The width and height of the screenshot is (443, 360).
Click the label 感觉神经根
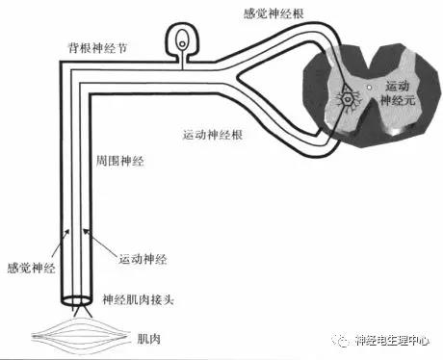(x=274, y=13)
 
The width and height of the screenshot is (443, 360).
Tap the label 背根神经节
(x=97, y=48)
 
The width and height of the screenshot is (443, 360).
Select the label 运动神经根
(x=213, y=135)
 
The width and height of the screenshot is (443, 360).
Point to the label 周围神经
(x=119, y=161)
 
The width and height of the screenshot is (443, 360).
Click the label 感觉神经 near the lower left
(x=31, y=268)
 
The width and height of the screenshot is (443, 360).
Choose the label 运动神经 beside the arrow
(x=143, y=259)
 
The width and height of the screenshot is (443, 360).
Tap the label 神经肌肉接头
(x=138, y=299)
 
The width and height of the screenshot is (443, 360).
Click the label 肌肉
(x=148, y=339)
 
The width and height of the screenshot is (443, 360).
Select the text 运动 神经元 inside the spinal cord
(x=398, y=93)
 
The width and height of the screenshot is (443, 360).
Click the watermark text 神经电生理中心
(x=392, y=341)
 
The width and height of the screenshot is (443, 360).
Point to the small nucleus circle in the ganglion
(x=182, y=44)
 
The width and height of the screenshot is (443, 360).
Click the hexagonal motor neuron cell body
(x=347, y=99)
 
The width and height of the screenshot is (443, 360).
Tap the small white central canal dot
(x=369, y=87)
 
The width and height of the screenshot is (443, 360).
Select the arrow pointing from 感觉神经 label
(x=60, y=244)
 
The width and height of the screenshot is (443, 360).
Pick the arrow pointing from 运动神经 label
(x=99, y=242)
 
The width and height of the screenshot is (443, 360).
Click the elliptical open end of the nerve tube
(x=76, y=300)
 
